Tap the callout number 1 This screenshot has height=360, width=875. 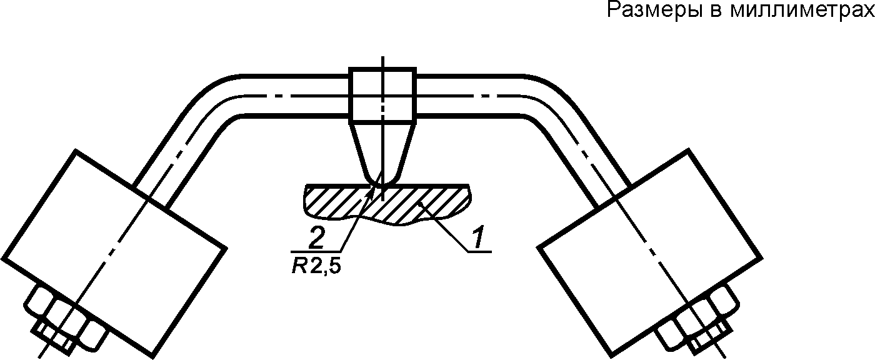(477, 237)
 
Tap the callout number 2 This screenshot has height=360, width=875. (316, 237)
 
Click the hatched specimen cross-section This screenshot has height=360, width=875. (387, 204)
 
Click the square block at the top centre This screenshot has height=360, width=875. (382, 95)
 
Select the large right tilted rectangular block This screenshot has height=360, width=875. (650, 253)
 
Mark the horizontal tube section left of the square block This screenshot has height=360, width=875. (295, 95)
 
